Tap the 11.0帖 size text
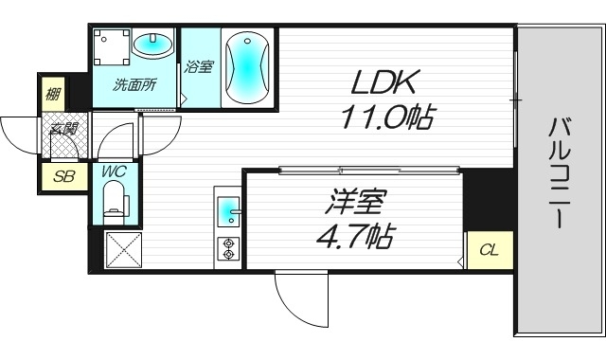click(387, 117)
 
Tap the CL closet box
click(489, 250)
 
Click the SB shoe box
click(63, 175)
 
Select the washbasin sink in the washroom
click(153, 44)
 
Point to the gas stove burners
click(229, 247)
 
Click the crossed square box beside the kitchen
click(122, 251)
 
